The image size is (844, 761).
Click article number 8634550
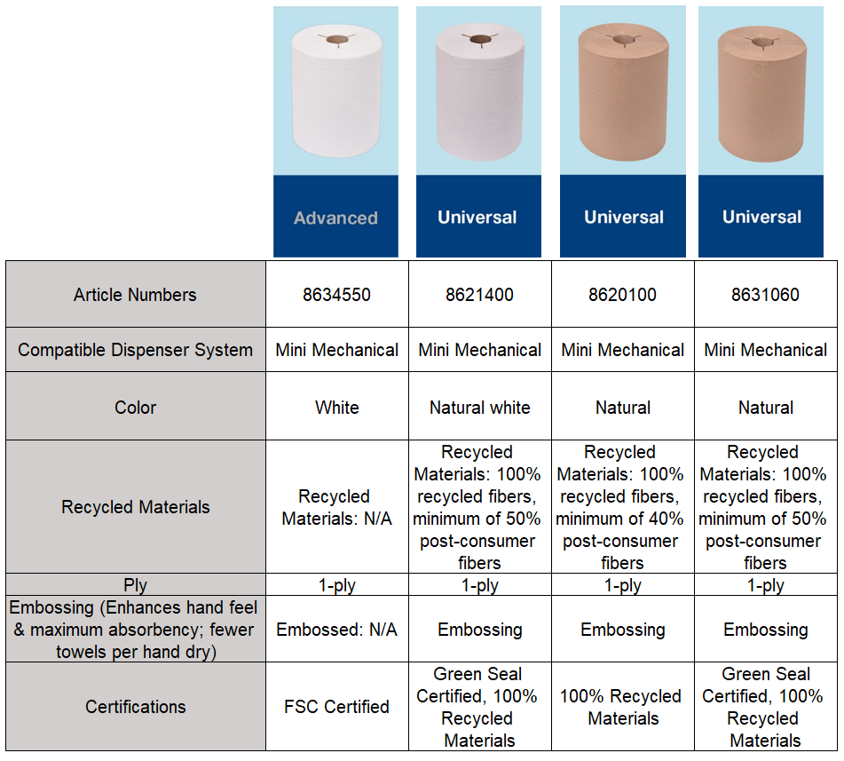coord(336,295)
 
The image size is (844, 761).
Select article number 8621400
coord(479,295)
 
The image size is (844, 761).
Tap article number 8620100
coord(623,295)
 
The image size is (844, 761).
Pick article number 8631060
coord(765,295)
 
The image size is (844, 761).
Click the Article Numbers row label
coord(135,295)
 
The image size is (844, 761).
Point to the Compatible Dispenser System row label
coord(135,350)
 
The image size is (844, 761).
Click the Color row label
coord(135,408)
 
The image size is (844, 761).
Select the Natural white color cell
coord(479,408)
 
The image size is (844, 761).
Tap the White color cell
coord(336,408)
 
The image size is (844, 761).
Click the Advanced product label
coord(335,218)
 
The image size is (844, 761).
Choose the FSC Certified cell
coord(336,707)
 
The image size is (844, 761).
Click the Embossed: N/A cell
coord(336,630)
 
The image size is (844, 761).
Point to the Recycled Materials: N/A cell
coord(336,507)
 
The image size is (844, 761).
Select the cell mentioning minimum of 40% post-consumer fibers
coord(623,507)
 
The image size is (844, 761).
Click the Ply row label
coord(135,585)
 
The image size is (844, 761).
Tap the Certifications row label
coord(135,707)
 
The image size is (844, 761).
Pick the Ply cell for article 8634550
coord(336,585)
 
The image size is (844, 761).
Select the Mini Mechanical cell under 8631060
coord(765,350)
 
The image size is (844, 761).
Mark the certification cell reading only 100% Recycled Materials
coord(623,707)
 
